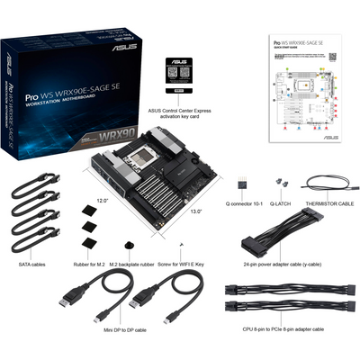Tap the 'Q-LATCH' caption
pos(280,202)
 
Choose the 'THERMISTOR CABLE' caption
pos(330,202)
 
